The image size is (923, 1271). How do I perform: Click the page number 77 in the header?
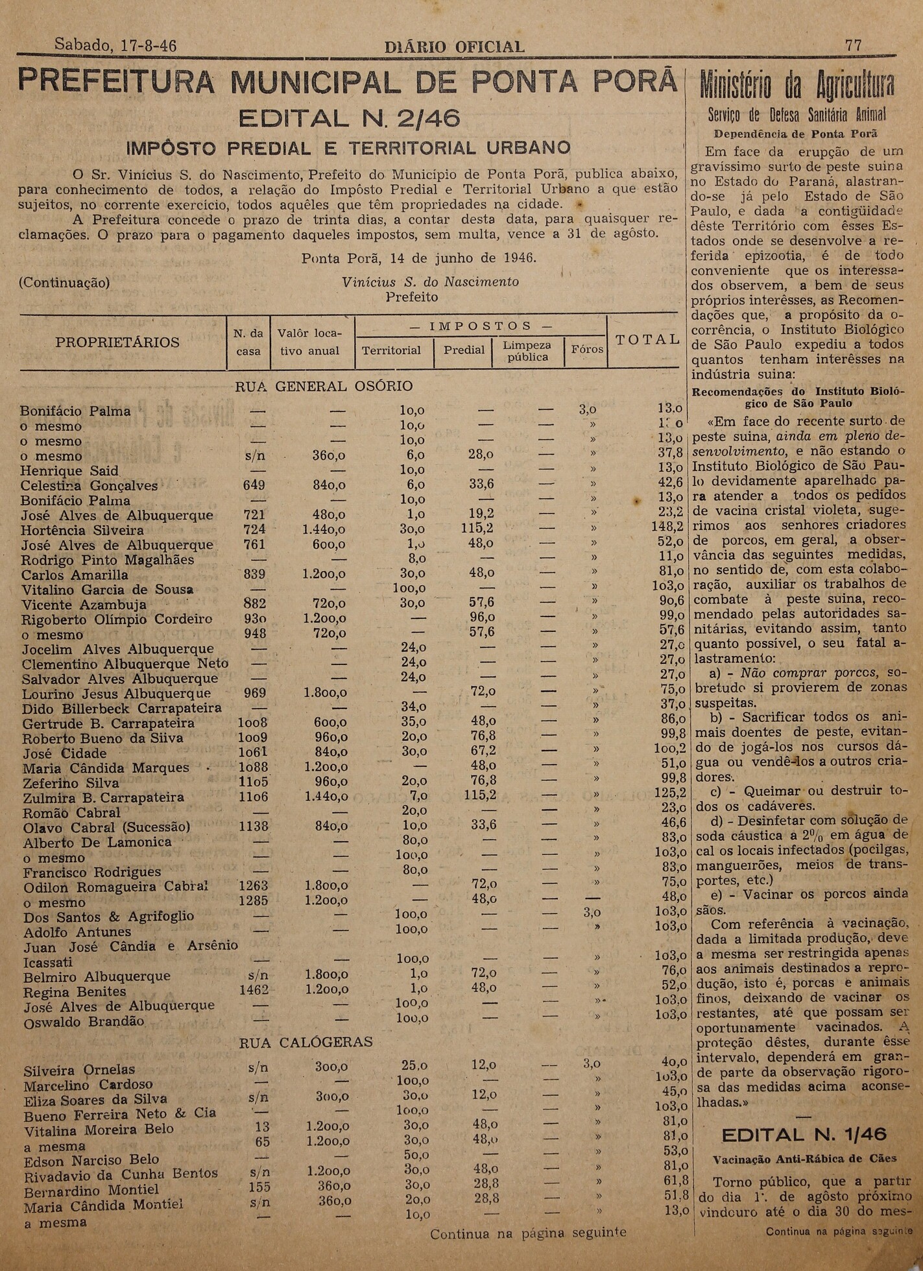pos(853,45)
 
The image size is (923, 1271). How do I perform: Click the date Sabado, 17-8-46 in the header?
pos(115,45)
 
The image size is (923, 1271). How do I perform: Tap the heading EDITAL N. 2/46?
pos(350,119)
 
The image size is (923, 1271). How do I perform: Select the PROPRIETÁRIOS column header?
pos(117,342)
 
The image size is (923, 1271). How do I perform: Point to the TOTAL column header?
pos(647,339)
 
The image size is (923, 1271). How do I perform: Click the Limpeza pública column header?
pos(527,351)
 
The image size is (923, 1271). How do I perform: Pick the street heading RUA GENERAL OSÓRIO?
pos(323,387)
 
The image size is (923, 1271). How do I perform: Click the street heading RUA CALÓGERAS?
pos(306,1042)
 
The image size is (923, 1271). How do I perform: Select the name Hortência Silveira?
pos(82,530)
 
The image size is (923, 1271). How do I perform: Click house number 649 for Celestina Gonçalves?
pos(254,485)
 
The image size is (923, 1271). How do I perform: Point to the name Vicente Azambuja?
pos(84,605)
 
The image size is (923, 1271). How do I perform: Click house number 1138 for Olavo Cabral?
pos(253,827)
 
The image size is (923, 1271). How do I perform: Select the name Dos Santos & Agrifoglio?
pos(108,917)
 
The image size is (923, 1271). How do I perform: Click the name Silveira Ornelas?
pos(79,1070)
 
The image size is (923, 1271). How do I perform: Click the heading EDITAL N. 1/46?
pos(804,1134)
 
